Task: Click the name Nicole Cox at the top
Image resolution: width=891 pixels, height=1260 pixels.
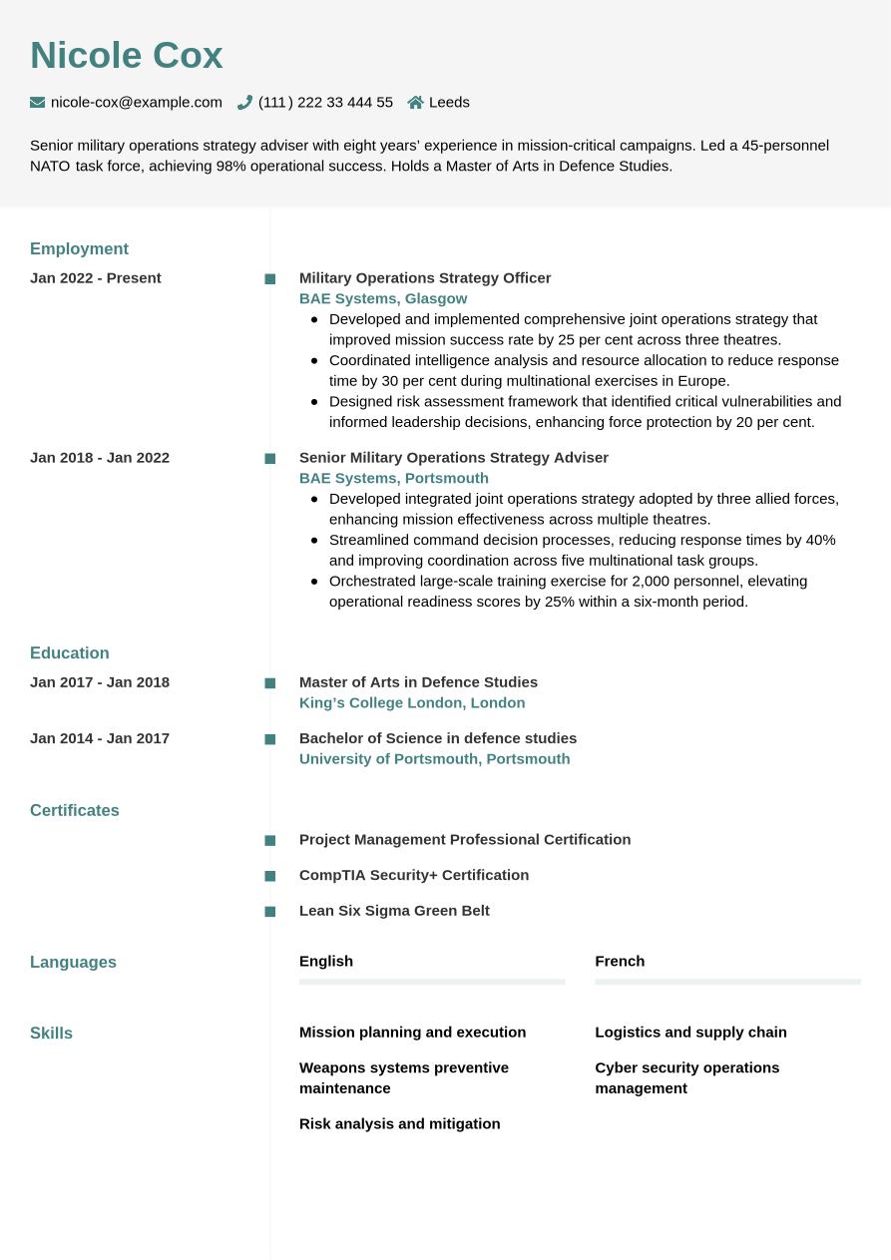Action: pos(127,56)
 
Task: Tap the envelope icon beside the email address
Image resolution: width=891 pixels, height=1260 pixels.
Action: pos(38,102)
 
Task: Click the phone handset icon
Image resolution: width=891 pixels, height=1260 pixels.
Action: pos(244,102)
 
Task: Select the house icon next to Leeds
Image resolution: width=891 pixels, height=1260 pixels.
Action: pos(416,102)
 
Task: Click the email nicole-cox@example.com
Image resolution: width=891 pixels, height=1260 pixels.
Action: pos(136,102)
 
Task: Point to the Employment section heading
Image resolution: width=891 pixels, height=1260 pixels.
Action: pos(79,248)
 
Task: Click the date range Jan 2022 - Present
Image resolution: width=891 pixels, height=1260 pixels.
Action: pos(96,278)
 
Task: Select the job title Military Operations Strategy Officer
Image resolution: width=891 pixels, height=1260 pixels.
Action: pos(425,278)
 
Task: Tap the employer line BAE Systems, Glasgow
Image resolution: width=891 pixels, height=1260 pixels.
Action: pos(383,298)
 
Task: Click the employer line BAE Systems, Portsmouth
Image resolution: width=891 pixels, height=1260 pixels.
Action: pos(394,478)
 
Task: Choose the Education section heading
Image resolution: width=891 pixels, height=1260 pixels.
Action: pos(70,652)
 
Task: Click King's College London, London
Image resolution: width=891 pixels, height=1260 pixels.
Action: pos(412,702)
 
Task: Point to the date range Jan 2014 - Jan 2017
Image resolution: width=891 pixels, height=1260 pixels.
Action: pos(100,738)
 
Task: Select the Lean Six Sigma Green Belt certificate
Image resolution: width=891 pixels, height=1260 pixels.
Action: pos(394,911)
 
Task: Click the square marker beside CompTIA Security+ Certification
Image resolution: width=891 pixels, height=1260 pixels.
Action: pos(270,876)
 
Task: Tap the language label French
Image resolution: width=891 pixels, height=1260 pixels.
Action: pos(620,961)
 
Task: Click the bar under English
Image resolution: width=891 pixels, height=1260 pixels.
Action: pos(432,982)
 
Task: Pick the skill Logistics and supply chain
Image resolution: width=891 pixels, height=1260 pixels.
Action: pos(690,1033)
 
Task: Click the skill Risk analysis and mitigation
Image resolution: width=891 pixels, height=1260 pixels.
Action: pos(399,1123)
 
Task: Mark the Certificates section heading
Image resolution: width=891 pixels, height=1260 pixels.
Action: pos(75,810)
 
